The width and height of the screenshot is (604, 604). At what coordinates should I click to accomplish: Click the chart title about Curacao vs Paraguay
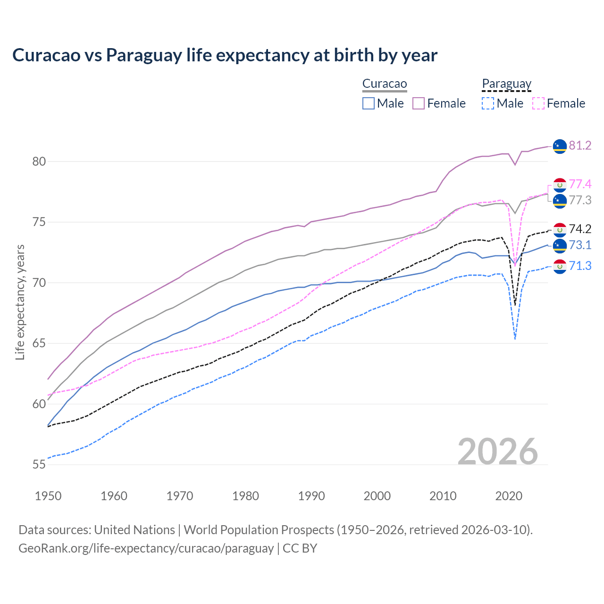tap(225, 55)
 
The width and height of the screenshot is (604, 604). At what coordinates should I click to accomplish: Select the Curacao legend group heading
tap(384, 84)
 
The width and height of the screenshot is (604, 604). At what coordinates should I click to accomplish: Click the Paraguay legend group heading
tap(506, 84)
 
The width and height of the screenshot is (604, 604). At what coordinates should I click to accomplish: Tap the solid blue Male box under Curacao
tap(369, 103)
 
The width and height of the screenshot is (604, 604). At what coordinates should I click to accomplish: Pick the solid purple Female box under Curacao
tap(419, 103)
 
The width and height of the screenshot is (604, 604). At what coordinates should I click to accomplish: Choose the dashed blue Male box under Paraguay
tap(488, 103)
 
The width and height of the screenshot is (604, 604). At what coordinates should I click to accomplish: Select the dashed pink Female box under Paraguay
tap(538, 103)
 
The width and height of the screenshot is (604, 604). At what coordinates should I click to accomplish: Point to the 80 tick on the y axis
tap(39, 161)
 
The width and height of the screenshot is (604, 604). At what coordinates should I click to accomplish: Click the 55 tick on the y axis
tap(39, 464)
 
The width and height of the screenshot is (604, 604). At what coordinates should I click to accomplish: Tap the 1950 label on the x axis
tap(48, 496)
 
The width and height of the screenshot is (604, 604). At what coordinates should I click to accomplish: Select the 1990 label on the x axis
tap(311, 496)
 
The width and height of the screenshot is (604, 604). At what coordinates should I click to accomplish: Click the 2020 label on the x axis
tap(509, 496)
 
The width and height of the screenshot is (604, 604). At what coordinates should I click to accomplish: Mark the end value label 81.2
tap(580, 146)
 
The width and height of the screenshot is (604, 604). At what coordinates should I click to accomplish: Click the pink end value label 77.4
tap(580, 184)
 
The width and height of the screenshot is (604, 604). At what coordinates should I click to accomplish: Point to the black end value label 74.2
tap(580, 229)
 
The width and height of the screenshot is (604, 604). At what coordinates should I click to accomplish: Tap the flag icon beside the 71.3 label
tap(560, 266)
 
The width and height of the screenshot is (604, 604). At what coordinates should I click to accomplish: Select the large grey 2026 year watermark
tap(498, 452)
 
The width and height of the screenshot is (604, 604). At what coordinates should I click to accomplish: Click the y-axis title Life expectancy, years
tap(20, 302)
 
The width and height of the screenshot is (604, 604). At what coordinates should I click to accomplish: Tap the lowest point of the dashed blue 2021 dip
tap(515, 339)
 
